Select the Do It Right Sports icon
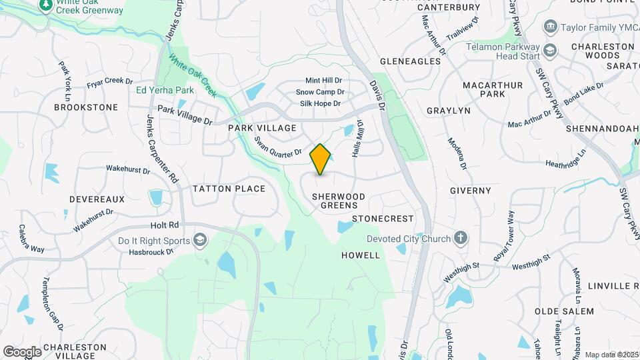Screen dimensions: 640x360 [x=200, y=240]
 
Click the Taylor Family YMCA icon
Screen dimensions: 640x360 [x=551, y=27]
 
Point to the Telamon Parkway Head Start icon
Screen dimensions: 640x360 [x=549, y=51]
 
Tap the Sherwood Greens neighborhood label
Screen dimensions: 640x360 [x=339, y=201]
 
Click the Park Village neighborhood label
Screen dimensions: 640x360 [x=262, y=127]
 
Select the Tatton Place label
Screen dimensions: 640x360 [x=229, y=189]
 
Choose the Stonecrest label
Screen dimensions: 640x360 [x=383, y=219]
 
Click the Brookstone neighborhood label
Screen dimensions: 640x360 [x=86, y=107]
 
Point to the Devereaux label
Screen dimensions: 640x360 [x=97, y=199]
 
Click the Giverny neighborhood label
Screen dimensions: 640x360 [x=471, y=191]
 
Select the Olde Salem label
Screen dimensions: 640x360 [x=564, y=311]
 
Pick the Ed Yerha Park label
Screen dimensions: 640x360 [x=165, y=90]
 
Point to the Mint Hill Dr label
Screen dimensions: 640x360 [x=323, y=81]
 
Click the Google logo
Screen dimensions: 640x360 [x=22, y=351]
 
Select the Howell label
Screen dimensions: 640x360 [x=361, y=255]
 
